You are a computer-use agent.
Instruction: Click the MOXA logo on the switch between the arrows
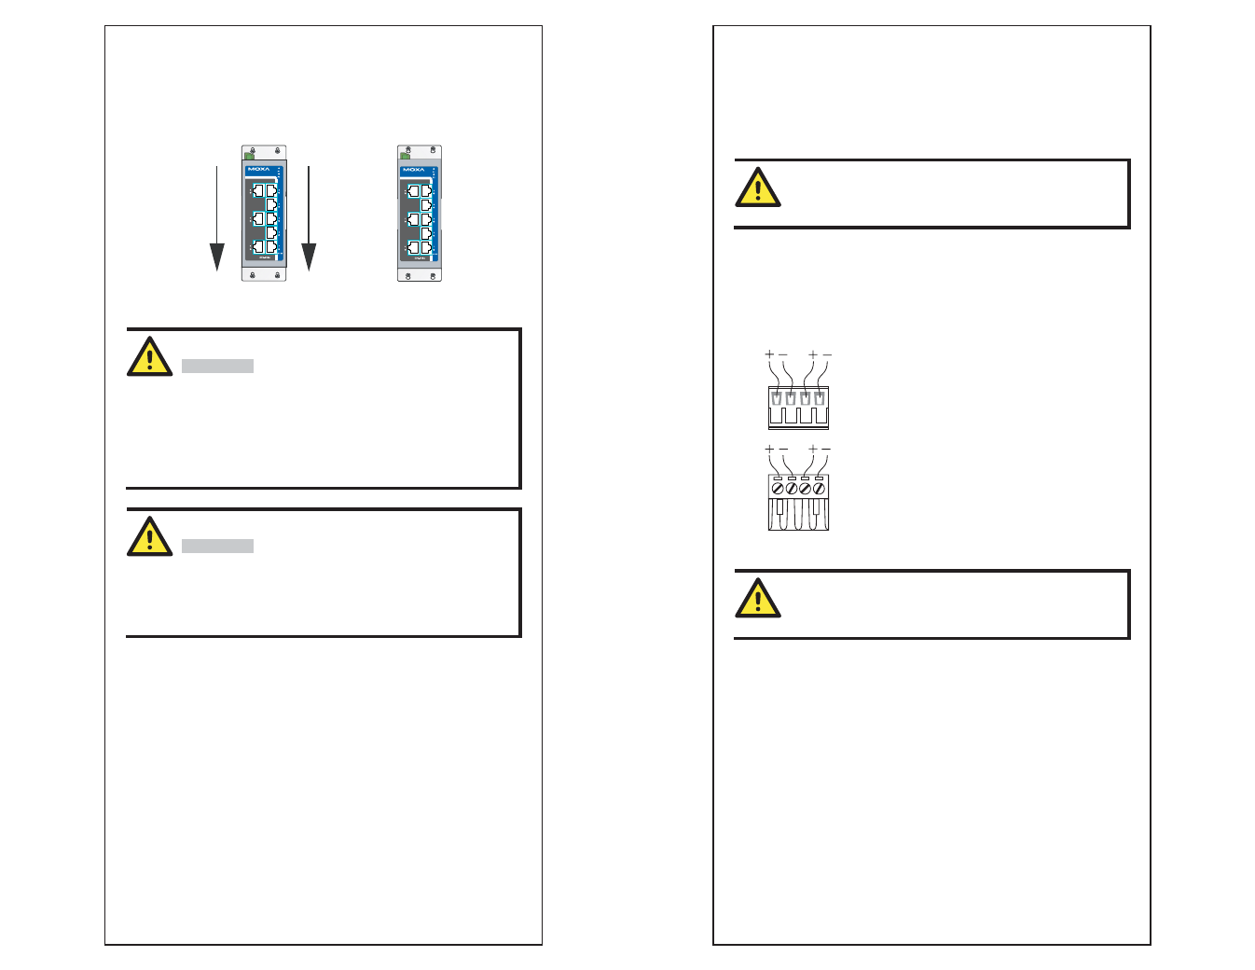pos(258,170)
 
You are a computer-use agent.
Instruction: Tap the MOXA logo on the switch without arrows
pos(414,170)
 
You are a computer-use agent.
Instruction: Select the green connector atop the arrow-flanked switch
pos(249,155)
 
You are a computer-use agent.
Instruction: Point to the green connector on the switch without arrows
pos(406,155)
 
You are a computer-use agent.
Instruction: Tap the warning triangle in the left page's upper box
pos(149,357)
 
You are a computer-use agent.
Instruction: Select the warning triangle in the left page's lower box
pos(149,537)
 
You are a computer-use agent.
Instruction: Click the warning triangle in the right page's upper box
pos(758,188)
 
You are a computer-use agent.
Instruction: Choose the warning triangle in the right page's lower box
pos(758,599)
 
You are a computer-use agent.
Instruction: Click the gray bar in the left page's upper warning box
pos(217,367)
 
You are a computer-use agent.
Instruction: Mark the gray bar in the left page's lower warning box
pos(217,547)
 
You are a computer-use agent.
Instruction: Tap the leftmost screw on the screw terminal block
pos(778,488)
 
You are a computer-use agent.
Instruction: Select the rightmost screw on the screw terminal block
pos(819,488)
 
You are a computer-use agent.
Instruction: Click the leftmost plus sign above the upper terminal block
pos(769,354)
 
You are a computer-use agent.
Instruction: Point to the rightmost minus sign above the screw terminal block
pos(826,450)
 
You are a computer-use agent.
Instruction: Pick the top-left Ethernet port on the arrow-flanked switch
pos(257,191)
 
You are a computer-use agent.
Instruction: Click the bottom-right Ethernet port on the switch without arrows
pos(427,247)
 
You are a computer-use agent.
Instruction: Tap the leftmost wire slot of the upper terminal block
pos(777,398)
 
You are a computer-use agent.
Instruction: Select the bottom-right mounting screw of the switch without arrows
pos(432,275)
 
